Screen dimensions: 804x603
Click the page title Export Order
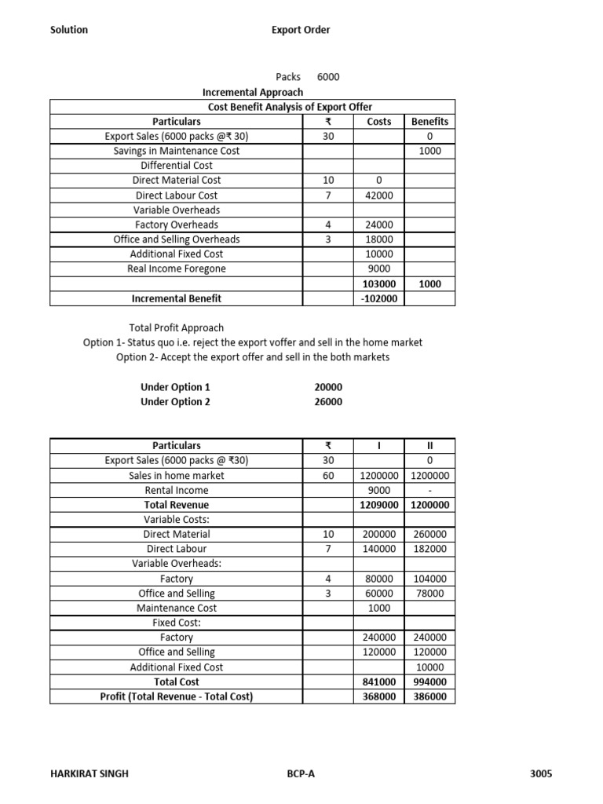pos(301,30)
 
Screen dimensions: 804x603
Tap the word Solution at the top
pos(69,30)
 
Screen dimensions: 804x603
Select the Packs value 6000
pos(328,77)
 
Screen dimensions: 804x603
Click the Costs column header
pos(378,122)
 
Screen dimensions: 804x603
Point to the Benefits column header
pos(429,122)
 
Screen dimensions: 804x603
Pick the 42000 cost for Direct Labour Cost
pos(378,196)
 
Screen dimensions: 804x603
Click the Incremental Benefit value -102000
pos(378,298)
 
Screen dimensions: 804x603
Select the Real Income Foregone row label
pos(177,269)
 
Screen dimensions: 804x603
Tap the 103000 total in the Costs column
pos(378,284)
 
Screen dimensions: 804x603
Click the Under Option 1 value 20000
pos(328,387)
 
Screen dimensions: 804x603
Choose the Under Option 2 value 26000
pos(328,402)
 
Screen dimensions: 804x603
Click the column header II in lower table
pos(429,446)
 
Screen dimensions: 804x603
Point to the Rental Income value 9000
pos(378,490)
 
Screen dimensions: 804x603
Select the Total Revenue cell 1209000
pos(378,505)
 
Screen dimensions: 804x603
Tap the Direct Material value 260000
pos(429,534)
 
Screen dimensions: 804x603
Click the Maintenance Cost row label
pos(177,608)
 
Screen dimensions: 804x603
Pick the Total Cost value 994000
pos(429,682)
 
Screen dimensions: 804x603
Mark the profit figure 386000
pos(429,696)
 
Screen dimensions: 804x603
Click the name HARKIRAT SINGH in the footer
pos(89,773)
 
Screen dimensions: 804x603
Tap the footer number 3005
pos(541,773)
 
